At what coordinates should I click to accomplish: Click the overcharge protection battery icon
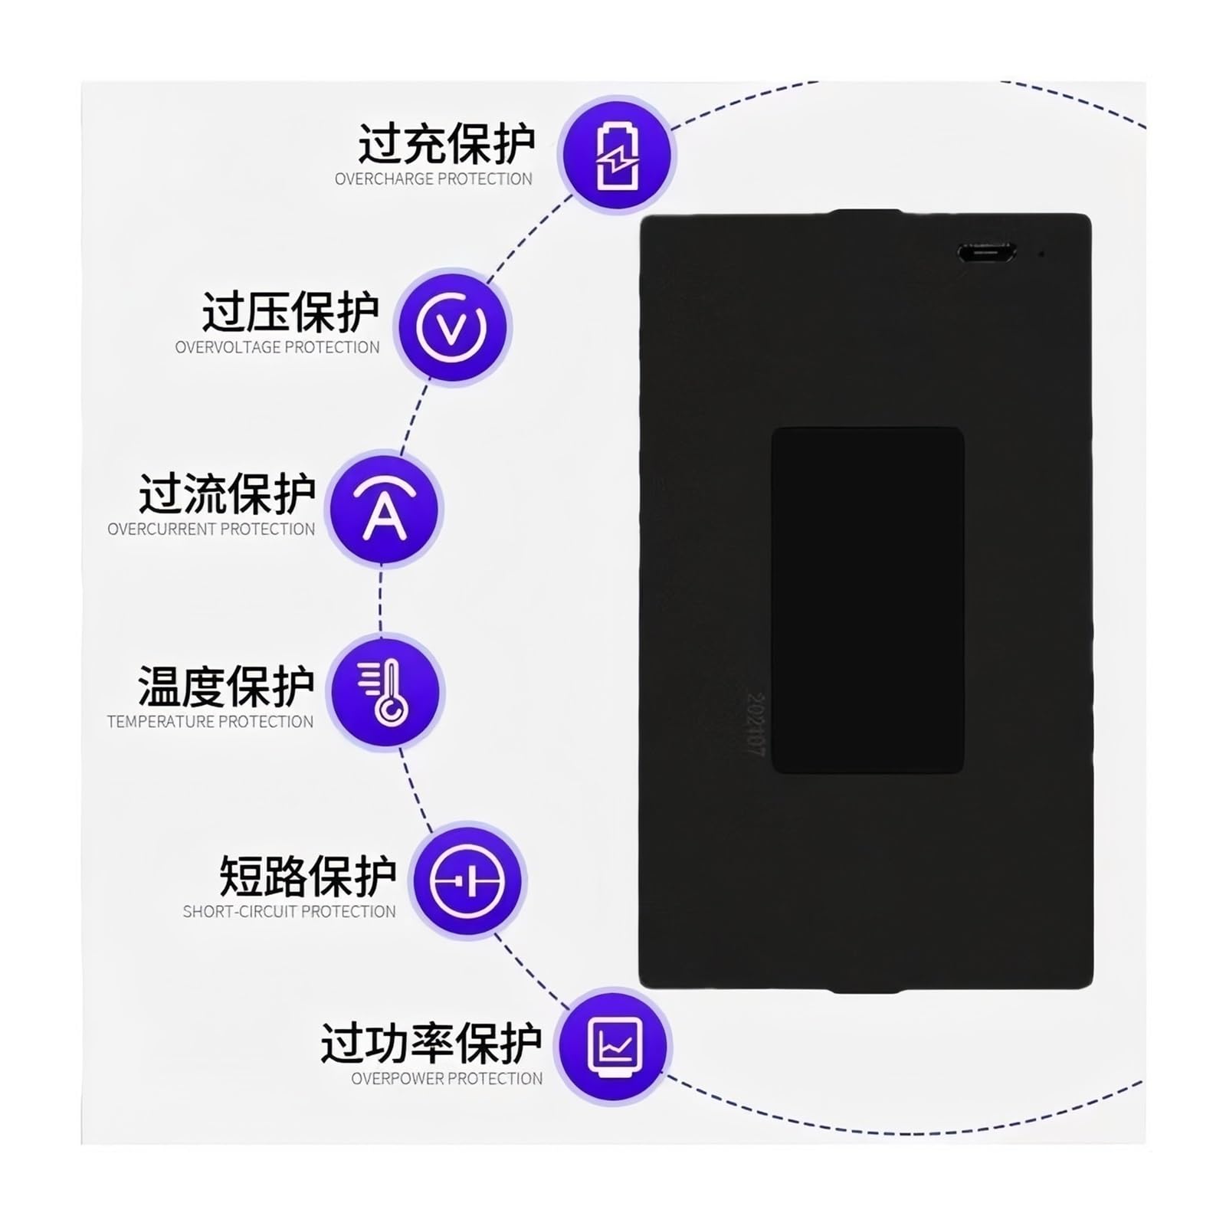point(615,156)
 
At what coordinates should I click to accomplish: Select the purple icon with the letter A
point(384,508)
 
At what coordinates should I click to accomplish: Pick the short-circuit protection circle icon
point(467,880)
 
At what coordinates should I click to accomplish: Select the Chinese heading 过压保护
point(290,312)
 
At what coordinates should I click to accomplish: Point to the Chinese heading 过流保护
point(227,493)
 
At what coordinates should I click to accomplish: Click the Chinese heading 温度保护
point(226,686)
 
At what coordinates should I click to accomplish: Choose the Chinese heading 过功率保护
point(431,1043)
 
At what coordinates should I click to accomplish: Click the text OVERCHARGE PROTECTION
point(434,179)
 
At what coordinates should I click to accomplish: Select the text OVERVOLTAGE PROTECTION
point(277,347)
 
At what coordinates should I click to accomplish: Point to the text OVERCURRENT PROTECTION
point(211,529)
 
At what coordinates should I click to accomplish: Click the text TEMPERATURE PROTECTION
point(211,722)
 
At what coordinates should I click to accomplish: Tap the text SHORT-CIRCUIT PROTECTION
point(290,911)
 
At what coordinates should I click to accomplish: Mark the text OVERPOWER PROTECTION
point(447,1078)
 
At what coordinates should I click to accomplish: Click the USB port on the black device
point(986,252)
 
